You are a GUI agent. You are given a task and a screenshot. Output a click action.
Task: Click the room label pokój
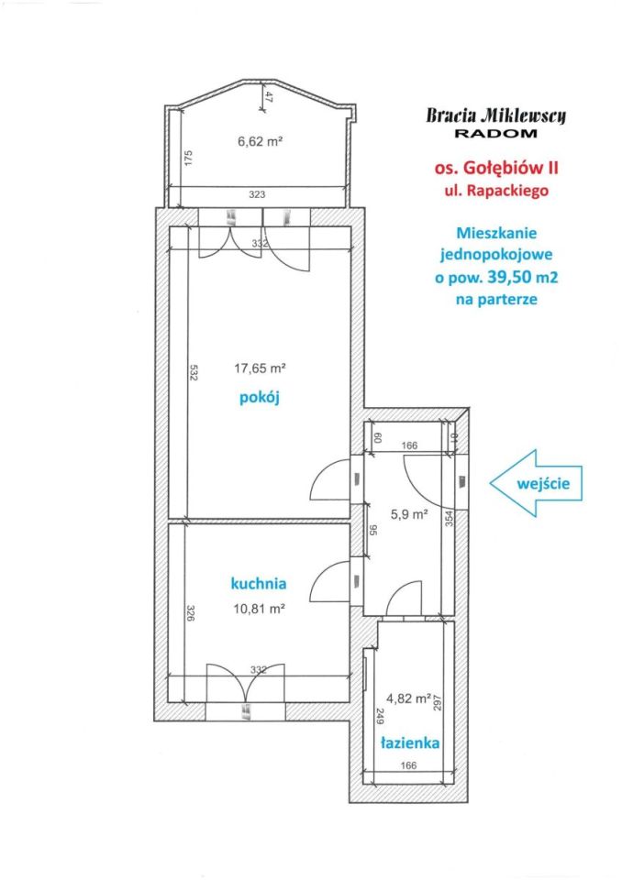click(260, 398)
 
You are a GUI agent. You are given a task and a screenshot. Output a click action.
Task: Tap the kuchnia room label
click(259, 584)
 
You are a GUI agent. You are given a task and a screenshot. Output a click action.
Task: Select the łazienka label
click(409, 743)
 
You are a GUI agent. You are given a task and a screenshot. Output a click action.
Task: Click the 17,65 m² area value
click(260, 368)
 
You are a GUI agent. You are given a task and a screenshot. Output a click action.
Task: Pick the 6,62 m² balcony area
click(260, 141)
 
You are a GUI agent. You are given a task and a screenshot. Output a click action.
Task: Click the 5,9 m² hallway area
click(409, 513)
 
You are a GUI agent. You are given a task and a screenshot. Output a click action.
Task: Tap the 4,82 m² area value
click(408, 698)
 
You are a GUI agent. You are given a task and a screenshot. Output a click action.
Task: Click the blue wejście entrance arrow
click(536, 483)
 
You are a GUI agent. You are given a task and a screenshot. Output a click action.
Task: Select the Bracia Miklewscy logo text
click(495, 115)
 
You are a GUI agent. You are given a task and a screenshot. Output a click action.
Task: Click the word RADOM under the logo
click(495, 134)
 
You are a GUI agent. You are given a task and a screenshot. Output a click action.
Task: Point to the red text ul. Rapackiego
click(496, 191)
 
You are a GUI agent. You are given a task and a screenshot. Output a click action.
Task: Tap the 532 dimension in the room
click(194, 374)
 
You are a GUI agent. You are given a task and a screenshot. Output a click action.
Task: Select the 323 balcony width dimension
click(257, 195)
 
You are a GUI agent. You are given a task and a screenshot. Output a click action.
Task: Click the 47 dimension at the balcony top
click(269, 97)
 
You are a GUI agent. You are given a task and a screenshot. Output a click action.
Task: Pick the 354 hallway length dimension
click(449, 518)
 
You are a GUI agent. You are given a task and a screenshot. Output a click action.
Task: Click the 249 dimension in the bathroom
click(379, 717)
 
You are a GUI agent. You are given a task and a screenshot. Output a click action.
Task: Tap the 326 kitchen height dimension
click(191, 613)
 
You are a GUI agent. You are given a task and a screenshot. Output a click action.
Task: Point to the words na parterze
click(496, 299)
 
